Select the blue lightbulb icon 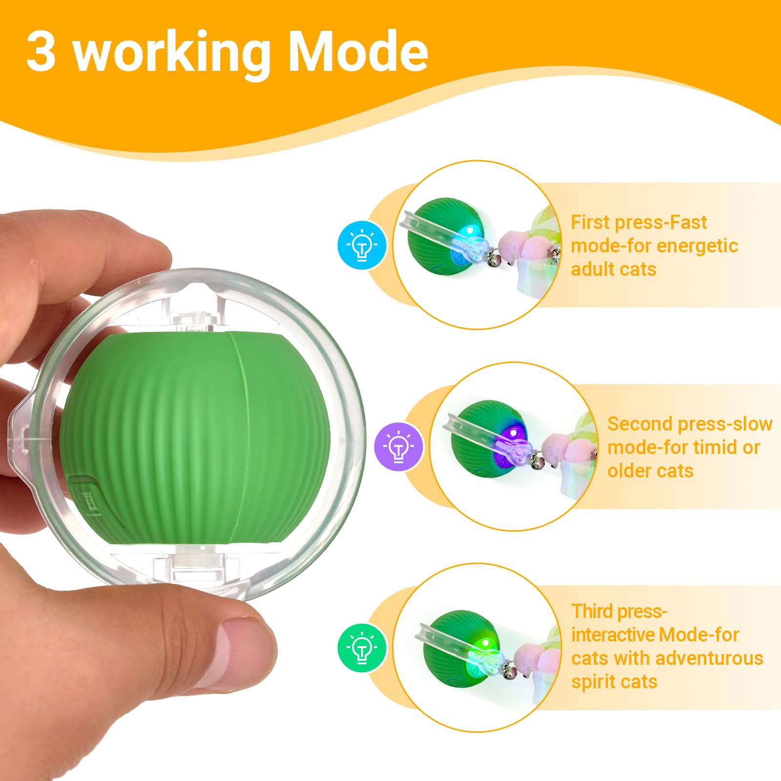click(362, 245)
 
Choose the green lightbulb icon click(362, 648)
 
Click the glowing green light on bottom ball click(485, 645)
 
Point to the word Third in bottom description click(592, 611)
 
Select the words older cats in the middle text click(650, 471)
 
